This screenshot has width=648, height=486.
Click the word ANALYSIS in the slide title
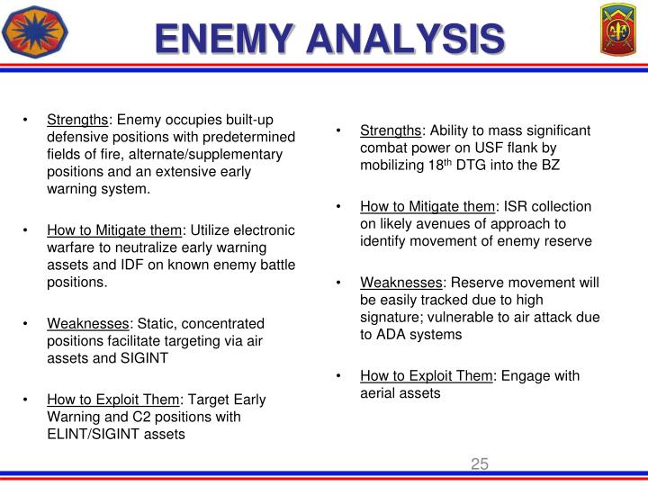[x=403, y=39]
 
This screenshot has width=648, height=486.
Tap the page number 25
[x=479, y=464]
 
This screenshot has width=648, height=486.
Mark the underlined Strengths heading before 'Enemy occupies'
[x=78, y=120]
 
